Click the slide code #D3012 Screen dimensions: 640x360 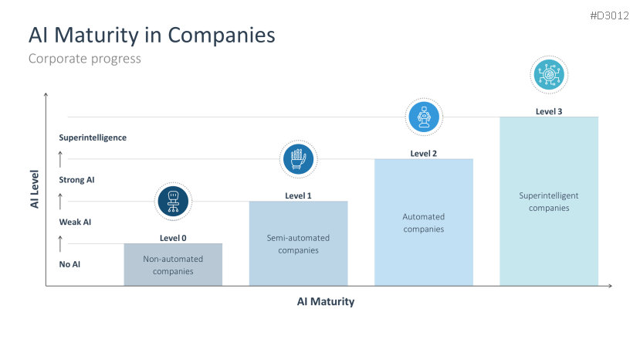coord(609,16)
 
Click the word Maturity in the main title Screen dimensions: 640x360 coord(97,36)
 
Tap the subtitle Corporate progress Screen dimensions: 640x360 coord(84,59)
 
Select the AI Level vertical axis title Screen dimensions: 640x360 coord(35,189)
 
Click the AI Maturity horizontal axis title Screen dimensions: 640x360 coord(326,301)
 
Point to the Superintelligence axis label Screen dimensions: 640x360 coord(93,138)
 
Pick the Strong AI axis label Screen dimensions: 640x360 coord(76,180)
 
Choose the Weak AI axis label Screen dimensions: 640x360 coord(75,222)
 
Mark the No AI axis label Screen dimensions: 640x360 coord(69,264)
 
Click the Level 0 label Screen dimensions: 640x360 coord(173,238)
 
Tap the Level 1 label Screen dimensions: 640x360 coord(298,195)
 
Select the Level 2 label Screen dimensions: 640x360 coord(424,154)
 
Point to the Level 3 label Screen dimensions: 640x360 coord(549,111)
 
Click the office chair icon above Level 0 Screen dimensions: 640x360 coord(173,202)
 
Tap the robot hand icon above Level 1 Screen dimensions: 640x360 coord(298,159)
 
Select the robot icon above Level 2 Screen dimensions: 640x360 coord(424,117)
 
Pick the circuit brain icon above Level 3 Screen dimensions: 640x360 coord(549,75)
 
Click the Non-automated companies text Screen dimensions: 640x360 coord(173,265)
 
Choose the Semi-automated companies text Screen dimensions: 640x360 coord(298,244)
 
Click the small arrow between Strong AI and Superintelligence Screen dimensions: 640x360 coord(60,159)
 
